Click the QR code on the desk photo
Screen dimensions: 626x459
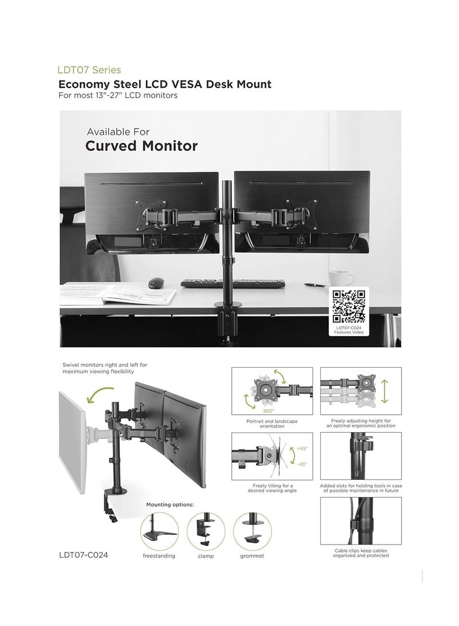click(x=349, y=307)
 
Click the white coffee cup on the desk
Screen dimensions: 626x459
click(x=336, y=279)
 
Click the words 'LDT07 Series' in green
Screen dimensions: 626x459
click(x=89, y=71)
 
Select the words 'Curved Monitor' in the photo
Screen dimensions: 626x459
click(x=141, y=146)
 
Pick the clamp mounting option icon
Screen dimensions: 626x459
click(x=206, y=531)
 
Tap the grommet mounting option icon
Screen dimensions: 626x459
click(x=252, y=531)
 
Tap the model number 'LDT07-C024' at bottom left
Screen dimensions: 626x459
click(x=83, y=556)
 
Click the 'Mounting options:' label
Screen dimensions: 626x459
click(x=170, y=504)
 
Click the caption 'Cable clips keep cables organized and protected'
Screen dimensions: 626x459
click(x=361, y=553)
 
